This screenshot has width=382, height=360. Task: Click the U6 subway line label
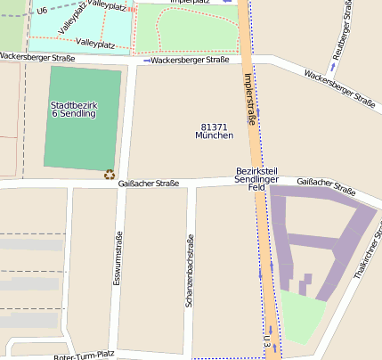click(x=42, y=11)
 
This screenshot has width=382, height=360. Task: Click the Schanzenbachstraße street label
click(x=189, y=272)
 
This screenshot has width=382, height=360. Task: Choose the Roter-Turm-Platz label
click(x=85, y=355)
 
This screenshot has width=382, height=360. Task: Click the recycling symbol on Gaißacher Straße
click(x=110, y=175)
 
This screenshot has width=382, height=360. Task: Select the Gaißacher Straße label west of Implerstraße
click(x=148, y=184)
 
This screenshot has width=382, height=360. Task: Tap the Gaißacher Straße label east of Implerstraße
click(x=326, y=184)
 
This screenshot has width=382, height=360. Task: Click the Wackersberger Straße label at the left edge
click(x=37, y=57)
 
